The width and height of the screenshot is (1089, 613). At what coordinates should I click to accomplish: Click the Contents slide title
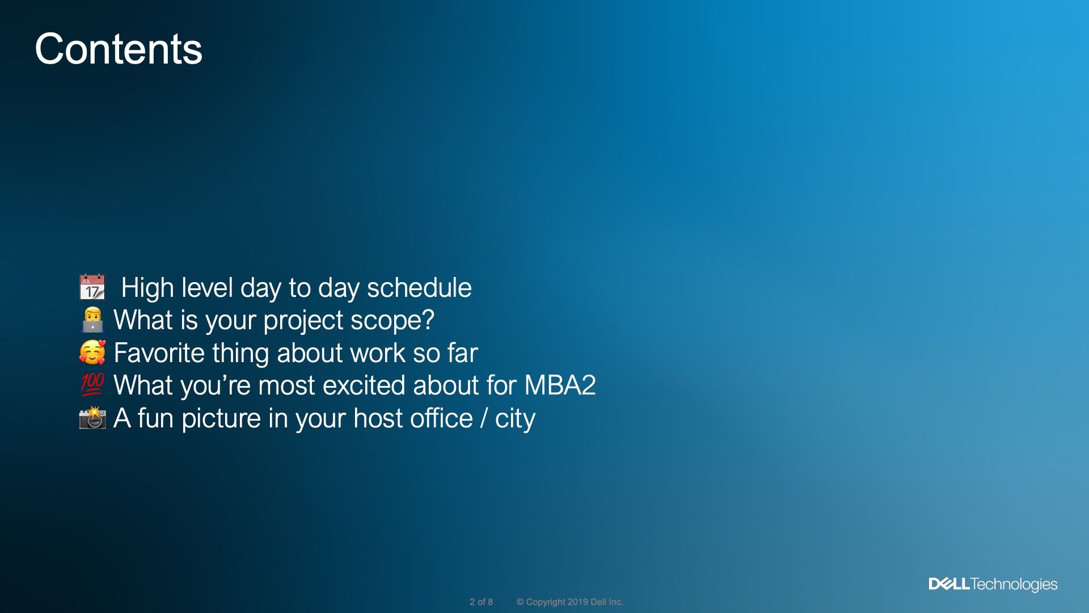[x=119, y=49]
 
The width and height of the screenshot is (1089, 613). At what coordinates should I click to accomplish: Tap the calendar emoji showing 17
[x=92, y=287]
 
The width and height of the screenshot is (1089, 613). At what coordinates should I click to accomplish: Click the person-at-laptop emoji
[x=92, y=320]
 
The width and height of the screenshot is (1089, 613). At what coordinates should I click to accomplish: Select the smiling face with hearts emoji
[x=92, y=352]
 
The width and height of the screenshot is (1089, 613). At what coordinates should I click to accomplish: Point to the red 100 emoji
[x=92, y=385]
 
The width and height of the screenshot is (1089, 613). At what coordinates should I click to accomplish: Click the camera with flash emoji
[x=92, y=418]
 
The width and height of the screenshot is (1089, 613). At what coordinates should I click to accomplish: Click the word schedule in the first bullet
[x=419, y=288]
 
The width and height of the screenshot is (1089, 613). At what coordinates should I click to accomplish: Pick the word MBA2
[x=560, y=385]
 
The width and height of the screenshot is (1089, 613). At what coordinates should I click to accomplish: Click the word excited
[x=364, y=385]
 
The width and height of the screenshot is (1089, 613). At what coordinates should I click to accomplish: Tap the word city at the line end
[x=515, y=419]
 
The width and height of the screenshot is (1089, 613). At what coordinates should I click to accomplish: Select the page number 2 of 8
[x=481, y=602]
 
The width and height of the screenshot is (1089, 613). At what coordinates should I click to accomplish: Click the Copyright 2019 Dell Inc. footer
[x=569, y=602]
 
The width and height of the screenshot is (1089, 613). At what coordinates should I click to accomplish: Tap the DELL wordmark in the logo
[x=949, y=584]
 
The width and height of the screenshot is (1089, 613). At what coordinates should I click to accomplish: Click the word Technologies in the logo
[x=1014, y=585]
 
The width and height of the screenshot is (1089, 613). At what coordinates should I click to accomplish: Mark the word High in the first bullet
[x=147, y=288]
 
